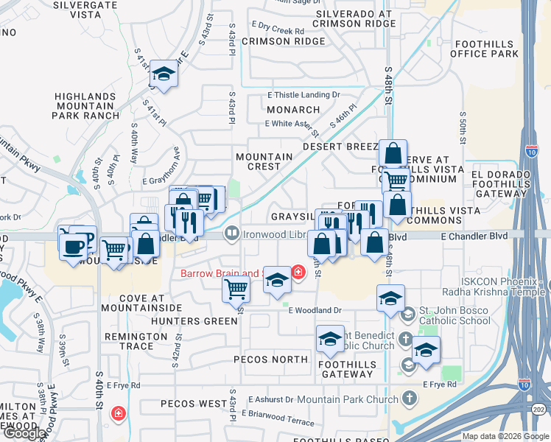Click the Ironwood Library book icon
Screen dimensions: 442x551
coord(231,234)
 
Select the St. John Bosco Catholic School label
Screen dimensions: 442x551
coord(455,315)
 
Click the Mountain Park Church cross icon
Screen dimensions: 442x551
coord(410,398)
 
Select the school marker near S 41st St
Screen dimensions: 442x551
coord(163,74)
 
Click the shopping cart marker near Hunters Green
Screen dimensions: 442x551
coord(236,288)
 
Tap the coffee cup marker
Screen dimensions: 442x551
coord(73,247)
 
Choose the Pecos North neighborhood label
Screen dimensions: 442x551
coord(270,359)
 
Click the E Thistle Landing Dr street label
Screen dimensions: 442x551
coord(303,95)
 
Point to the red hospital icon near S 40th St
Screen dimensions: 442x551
coord(118,415)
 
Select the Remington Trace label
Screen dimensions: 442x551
coord(137,341)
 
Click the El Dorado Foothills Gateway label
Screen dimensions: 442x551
coord(508,180)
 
